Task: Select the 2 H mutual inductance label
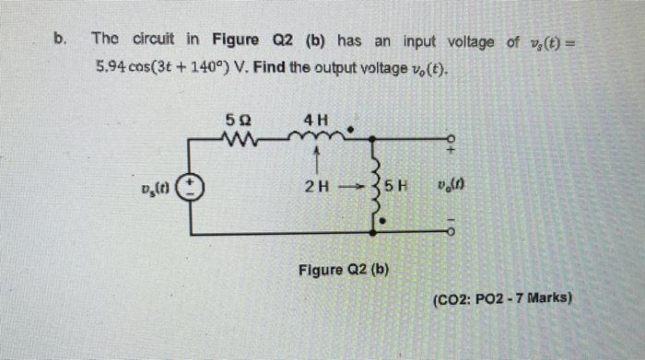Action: [x=315, y=186]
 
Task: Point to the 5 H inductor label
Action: [x=395, y=186]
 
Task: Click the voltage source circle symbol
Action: [x=192, y=187]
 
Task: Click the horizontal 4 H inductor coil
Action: [x=316, y=138]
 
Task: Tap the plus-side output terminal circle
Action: [x=449, y=140]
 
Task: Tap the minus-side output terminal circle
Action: [x=449, y=234]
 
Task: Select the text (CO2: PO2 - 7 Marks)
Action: [x=502, y=299]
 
